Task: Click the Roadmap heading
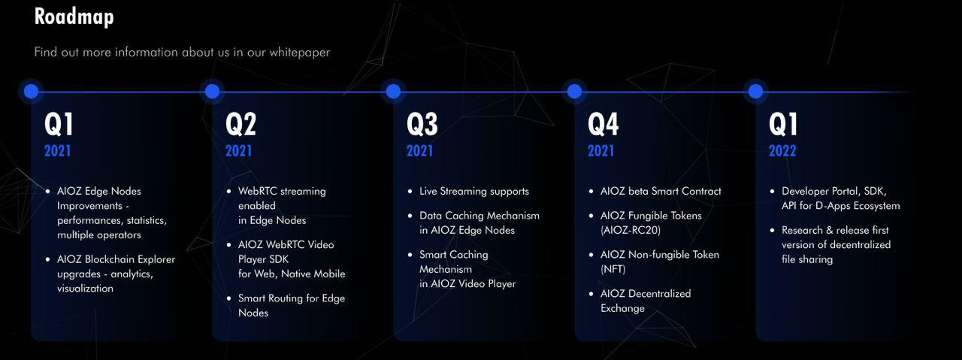(x=74, y=17)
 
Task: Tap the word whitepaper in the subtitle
(x=300, y=53)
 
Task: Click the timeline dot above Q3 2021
(x=393, y=91)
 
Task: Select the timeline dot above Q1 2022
(x=755, y=91)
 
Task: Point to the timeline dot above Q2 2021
(x=212, y=91)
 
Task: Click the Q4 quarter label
(x=603, y=124)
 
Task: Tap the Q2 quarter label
(x=240, y=124)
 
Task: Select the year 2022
(x=782, y=151)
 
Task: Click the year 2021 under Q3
(x=419, y=151)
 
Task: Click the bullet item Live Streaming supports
(x=474, y=191)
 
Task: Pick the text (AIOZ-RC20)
(x=631, y=230)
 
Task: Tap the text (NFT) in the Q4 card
(x=613, y=269)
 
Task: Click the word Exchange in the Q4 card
(x=622, y=308)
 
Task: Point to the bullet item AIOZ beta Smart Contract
(x=661, y=191)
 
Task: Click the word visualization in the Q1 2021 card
(x=85, y=289)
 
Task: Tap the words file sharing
(x=807, y=259)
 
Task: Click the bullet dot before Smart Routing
(x=229, y=298)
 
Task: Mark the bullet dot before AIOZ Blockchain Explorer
(x=47, y=259)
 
